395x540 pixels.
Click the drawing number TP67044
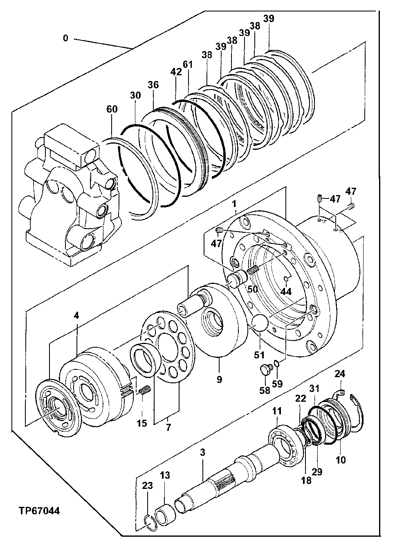click(39, 511)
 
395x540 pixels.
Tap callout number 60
click(112, 109)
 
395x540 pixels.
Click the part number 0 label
click(65, 38)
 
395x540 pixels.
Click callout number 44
click(286, 291)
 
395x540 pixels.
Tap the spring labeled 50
click(254, 270)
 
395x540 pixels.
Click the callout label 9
click(219, 379)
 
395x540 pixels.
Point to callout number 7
click(168, 427)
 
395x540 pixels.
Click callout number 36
click(153, 85)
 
